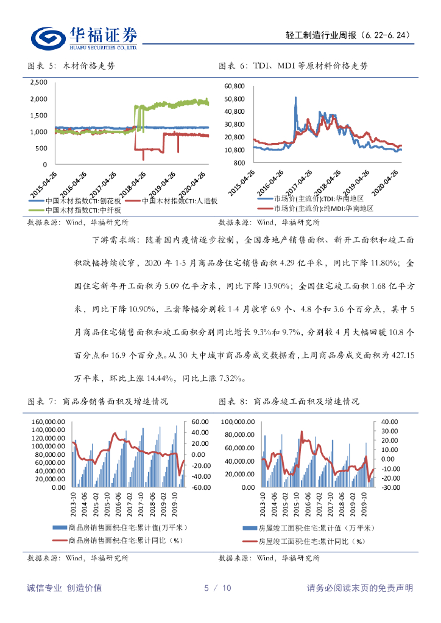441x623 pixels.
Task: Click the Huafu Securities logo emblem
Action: click(x=49, y=38)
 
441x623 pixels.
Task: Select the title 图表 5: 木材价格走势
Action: click(x=71, y=66)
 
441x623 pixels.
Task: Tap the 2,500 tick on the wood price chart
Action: click(x=38, y=82)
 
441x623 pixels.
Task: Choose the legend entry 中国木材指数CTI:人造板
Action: click(x=179, y=200)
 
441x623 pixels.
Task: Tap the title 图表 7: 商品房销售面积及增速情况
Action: click(x=99, y=402)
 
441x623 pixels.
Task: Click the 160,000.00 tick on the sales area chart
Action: click(x=50, y=422)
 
